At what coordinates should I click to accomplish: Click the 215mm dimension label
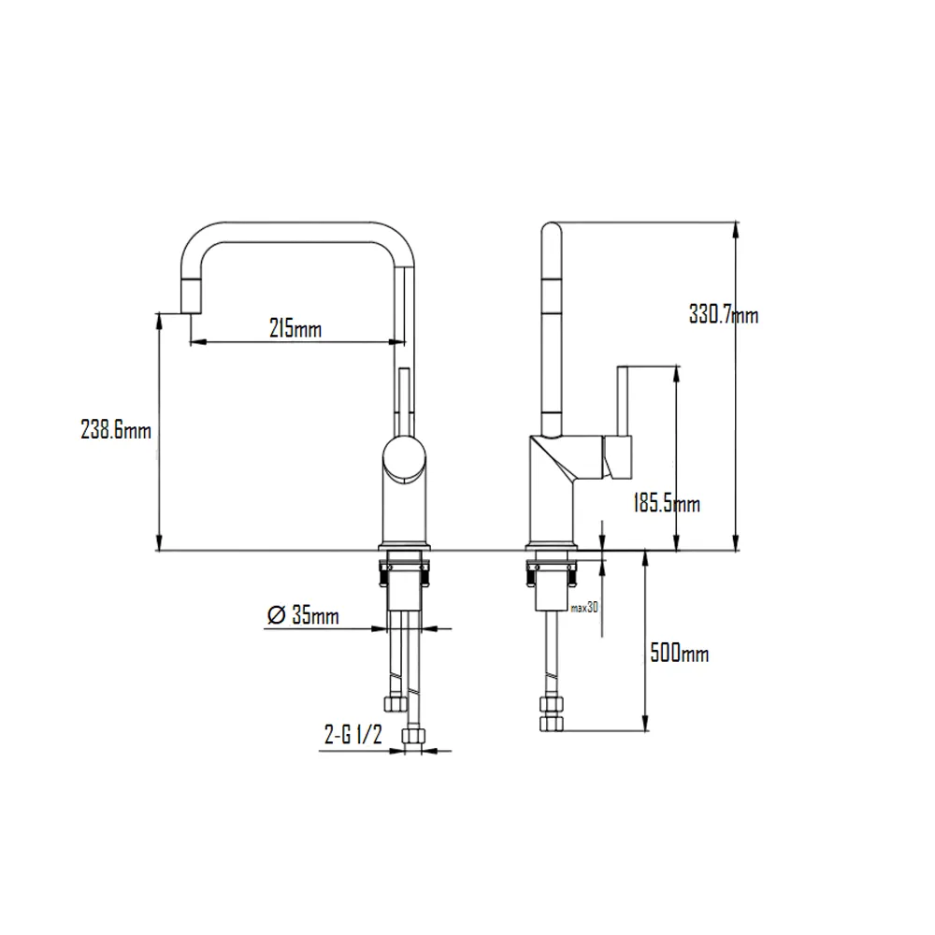[295, 329]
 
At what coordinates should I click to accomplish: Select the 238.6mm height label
[116, 431]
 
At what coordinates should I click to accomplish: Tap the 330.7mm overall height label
[723, 315]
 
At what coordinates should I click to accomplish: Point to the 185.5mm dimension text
[667, 505]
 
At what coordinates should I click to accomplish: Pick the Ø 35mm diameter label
[302, 615]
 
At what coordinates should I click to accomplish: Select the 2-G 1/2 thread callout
[352, 736]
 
